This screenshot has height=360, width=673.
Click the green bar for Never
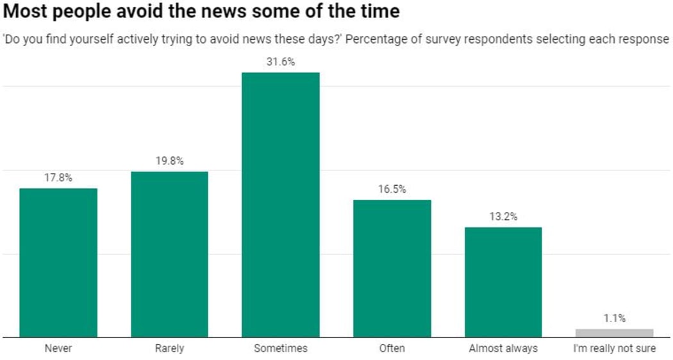click(x=58, y=263)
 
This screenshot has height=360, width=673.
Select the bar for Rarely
click(x=169, y=254)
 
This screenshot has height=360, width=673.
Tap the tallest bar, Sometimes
click(x=280, y=205)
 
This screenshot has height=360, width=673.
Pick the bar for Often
click(x=392, y=268)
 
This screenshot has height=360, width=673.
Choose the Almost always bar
click(x=503, y=282)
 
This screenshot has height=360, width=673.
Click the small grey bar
click(x=614, y=333)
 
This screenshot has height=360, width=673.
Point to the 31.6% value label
click(x=280, y=61)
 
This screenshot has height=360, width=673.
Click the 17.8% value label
click(x=58, y=177)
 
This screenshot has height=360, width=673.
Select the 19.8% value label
click(x=169, y=161)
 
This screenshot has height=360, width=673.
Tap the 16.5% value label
click(x=392, y=189)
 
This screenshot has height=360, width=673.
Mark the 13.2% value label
click(x=503, y=217)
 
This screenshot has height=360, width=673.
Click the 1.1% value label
click(x=614, y=318)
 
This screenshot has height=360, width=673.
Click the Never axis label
click(x=58, y=348)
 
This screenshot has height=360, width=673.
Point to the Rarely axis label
click(x=169, y=348)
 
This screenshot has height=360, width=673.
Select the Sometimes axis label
click(x=280, y=348)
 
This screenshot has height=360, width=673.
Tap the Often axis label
click(x=392, y=348)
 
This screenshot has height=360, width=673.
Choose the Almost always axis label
click(x=503, y=348)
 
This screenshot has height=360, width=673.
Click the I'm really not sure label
click(x=614, y=348)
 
